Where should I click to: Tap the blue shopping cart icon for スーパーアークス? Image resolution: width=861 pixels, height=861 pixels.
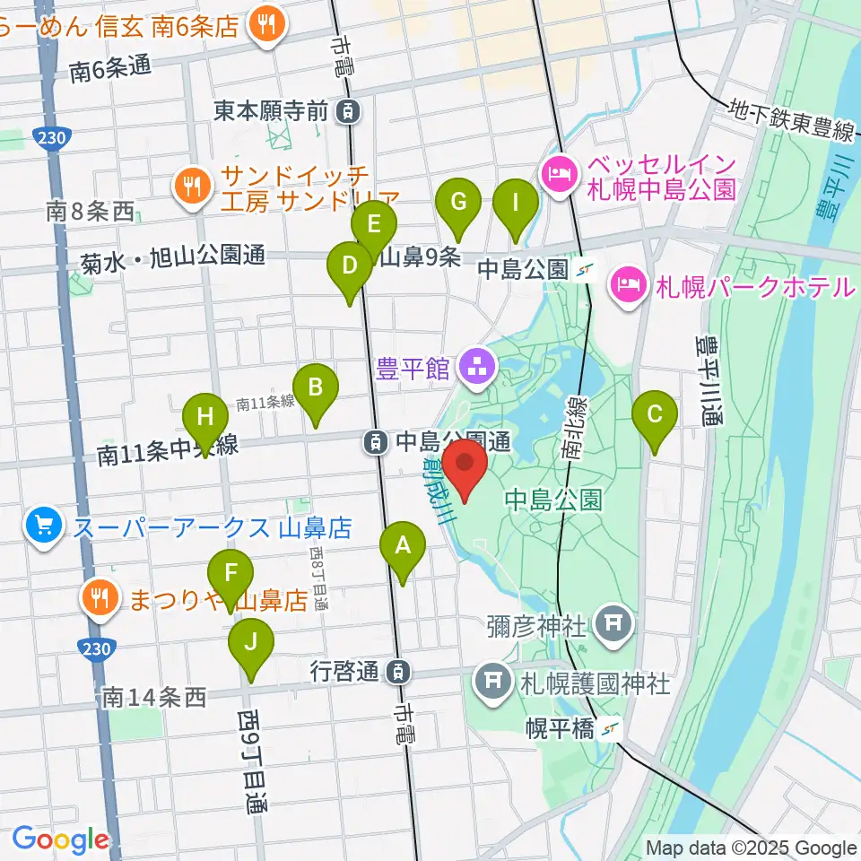coord(44,525)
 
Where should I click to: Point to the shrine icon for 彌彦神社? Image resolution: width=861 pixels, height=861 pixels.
coord(614,621)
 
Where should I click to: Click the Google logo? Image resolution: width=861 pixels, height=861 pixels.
coord(60,839)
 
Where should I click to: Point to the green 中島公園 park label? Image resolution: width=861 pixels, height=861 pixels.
coord(552,499)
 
